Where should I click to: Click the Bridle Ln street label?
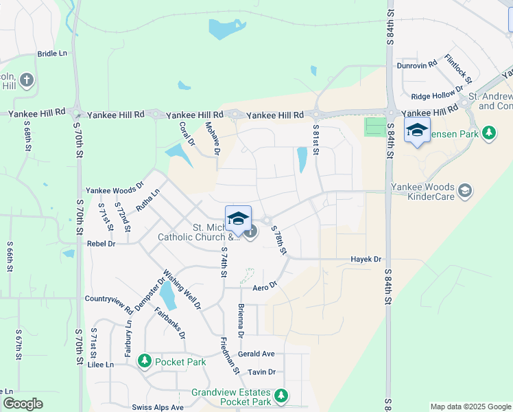[52, 54]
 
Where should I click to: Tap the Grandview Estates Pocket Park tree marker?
[281, 396]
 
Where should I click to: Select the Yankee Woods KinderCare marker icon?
[466, 190]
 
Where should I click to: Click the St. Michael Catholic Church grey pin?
[251, 232]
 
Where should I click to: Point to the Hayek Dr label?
[366, 260]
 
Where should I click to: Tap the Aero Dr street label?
[264, 286]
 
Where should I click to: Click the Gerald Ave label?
[256, 354]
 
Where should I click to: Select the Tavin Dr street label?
[261, 372]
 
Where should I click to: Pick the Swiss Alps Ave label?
[158, 407]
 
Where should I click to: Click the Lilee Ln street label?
[101, 365]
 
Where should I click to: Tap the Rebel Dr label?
[101, 244]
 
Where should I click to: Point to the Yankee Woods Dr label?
[115, 190]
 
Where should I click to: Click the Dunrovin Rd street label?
[417, 65]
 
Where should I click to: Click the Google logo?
[23, 404]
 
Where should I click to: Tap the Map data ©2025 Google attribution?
[470, 407]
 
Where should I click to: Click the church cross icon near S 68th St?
[27, 80]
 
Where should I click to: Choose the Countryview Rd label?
[109, 299]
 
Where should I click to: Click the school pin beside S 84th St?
[417, 130]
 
